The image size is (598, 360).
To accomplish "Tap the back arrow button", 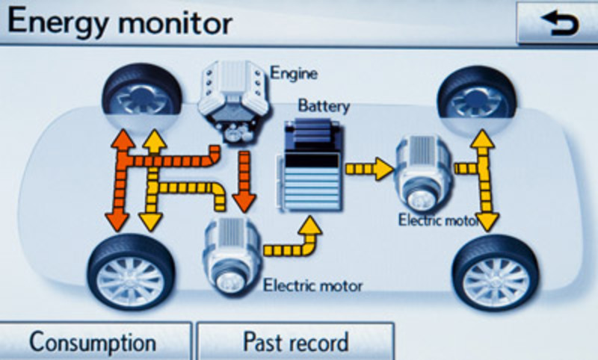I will pos(556,25).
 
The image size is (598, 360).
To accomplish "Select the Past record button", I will pos(295,342).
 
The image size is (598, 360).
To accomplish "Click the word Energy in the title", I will pos(56,22).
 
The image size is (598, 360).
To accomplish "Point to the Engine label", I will pos(294,74).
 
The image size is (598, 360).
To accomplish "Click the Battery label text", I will pos(324,106).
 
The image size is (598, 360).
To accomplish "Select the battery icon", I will pos(309,167).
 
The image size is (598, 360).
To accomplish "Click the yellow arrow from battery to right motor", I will pos(369,169).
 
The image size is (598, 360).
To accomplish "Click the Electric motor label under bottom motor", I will pos(313,285).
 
